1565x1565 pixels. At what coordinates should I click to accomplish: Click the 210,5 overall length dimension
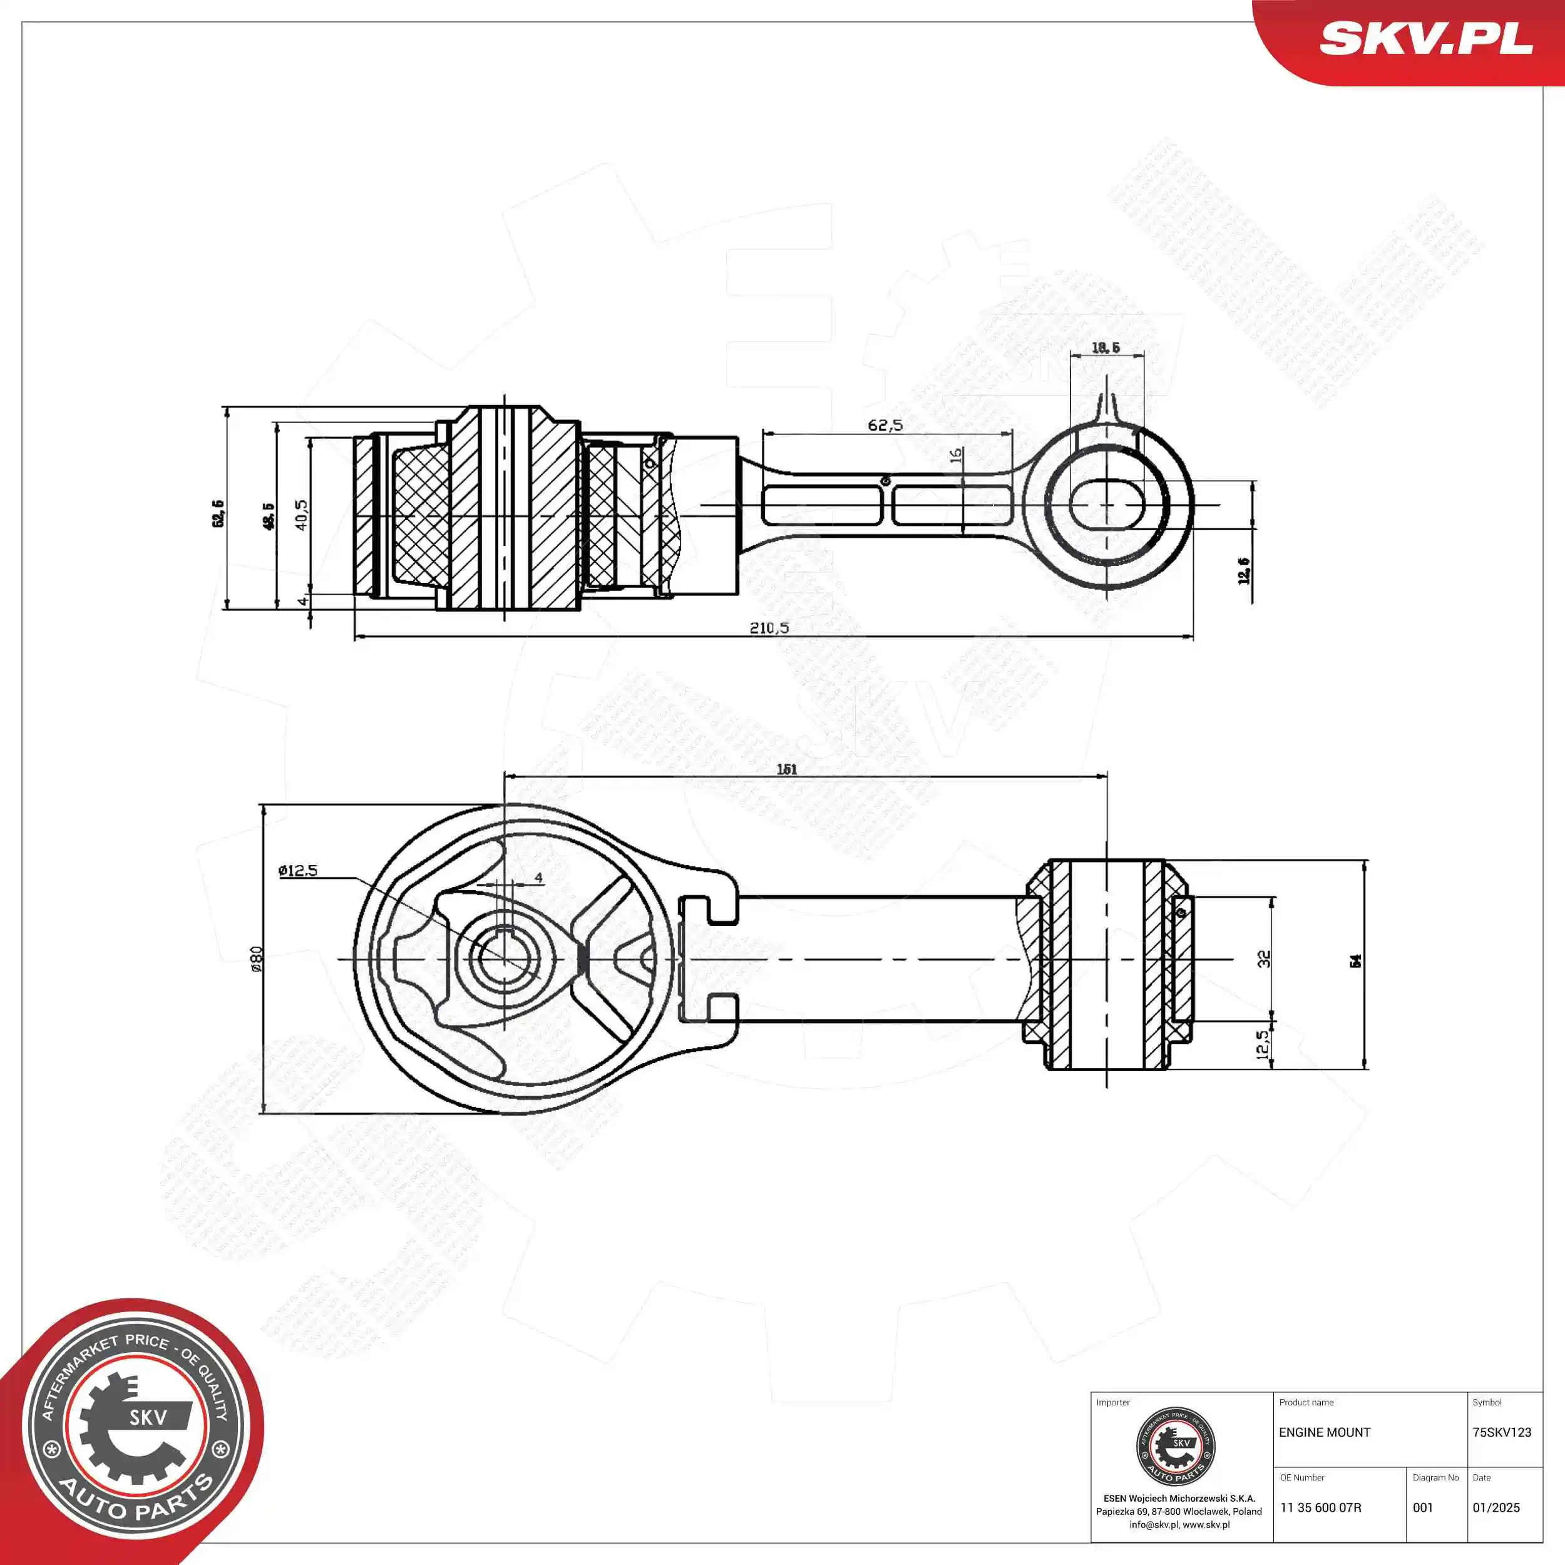pos(769,627)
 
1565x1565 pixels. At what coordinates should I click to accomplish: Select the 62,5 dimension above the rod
pos(885,425)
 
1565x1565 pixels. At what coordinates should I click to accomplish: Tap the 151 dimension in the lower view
pos(786,769)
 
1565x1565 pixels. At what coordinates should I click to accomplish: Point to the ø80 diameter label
pos(257,958)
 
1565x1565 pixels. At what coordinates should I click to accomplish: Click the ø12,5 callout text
pos(298,871)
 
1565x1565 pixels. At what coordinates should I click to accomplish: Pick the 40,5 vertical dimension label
pos(301,515)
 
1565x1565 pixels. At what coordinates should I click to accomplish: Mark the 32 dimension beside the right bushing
pos(1264,958)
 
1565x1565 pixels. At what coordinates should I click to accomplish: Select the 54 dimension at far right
pos(1355,961)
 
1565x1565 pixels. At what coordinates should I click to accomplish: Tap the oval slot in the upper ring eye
pos(1107,504)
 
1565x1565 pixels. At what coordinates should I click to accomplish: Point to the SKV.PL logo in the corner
pos(1425,39)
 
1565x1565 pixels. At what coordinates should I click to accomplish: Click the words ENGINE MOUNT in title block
pos(1325,1432)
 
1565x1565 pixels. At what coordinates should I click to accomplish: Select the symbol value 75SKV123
pos(1502,1432)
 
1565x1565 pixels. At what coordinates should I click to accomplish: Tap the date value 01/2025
pos(1496,1507)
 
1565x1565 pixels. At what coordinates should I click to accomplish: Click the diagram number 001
pos(1424,1507)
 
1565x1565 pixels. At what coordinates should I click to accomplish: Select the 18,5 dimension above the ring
pos(1106,347)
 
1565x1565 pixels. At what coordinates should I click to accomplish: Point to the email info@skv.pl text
pos(1154,1524)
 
